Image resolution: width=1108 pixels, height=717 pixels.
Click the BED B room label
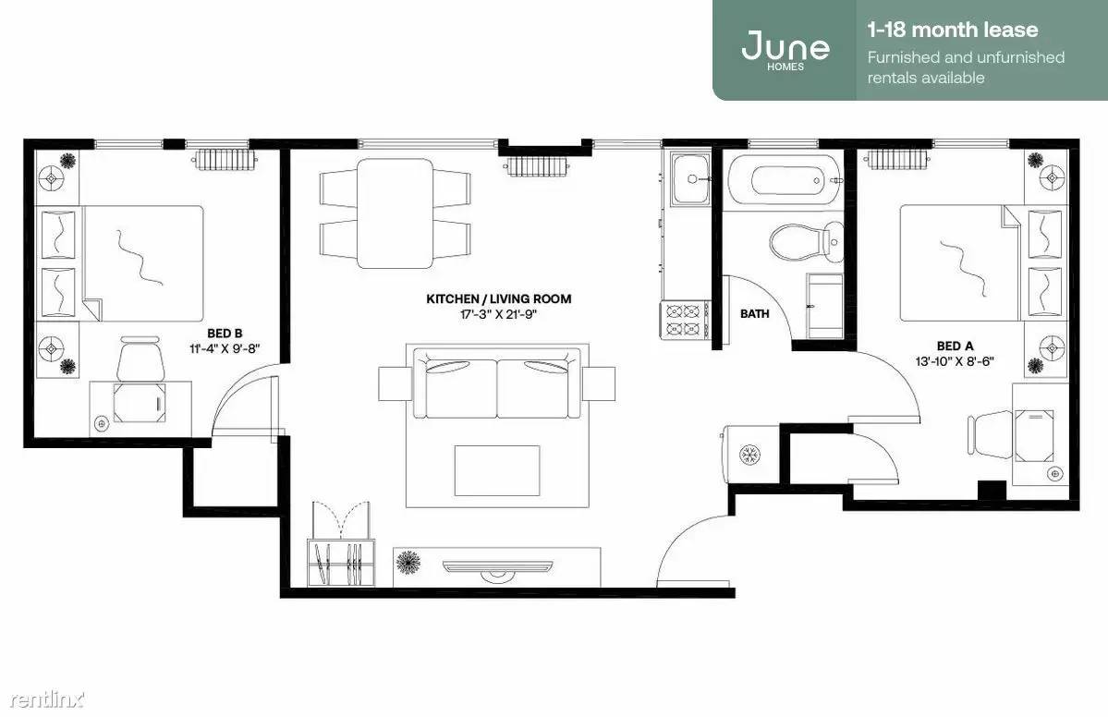225,334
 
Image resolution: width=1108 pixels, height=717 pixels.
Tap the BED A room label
955,346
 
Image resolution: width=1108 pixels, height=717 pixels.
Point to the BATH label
755,313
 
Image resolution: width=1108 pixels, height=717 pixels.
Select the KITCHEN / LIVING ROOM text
499,298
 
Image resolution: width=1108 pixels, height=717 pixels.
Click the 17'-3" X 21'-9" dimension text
499,314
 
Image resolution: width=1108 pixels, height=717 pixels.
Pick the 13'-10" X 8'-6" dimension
955,361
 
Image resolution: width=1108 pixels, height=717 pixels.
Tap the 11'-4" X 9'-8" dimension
225,348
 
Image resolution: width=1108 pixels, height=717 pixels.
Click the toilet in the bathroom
806,242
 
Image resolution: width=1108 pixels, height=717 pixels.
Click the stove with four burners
685,320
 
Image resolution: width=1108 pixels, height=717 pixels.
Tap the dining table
395,213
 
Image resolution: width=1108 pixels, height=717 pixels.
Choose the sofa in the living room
497,388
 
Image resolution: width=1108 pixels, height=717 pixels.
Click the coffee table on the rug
497,470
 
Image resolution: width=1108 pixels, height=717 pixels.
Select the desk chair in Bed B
140,359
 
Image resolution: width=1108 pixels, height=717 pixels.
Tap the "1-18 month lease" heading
953,30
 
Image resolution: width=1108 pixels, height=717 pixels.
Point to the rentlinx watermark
46,699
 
